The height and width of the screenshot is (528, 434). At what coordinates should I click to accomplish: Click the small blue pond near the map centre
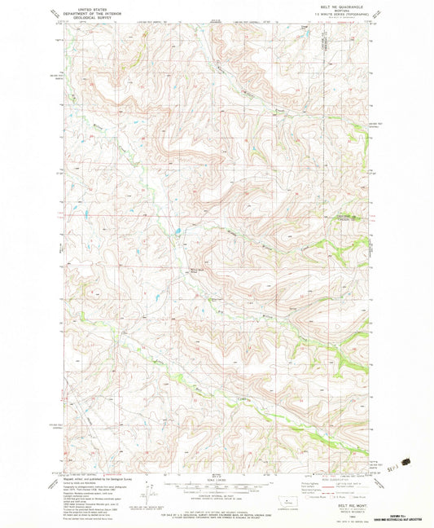pos(175,240)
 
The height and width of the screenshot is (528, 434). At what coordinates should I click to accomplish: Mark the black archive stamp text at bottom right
pos(397,515)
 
